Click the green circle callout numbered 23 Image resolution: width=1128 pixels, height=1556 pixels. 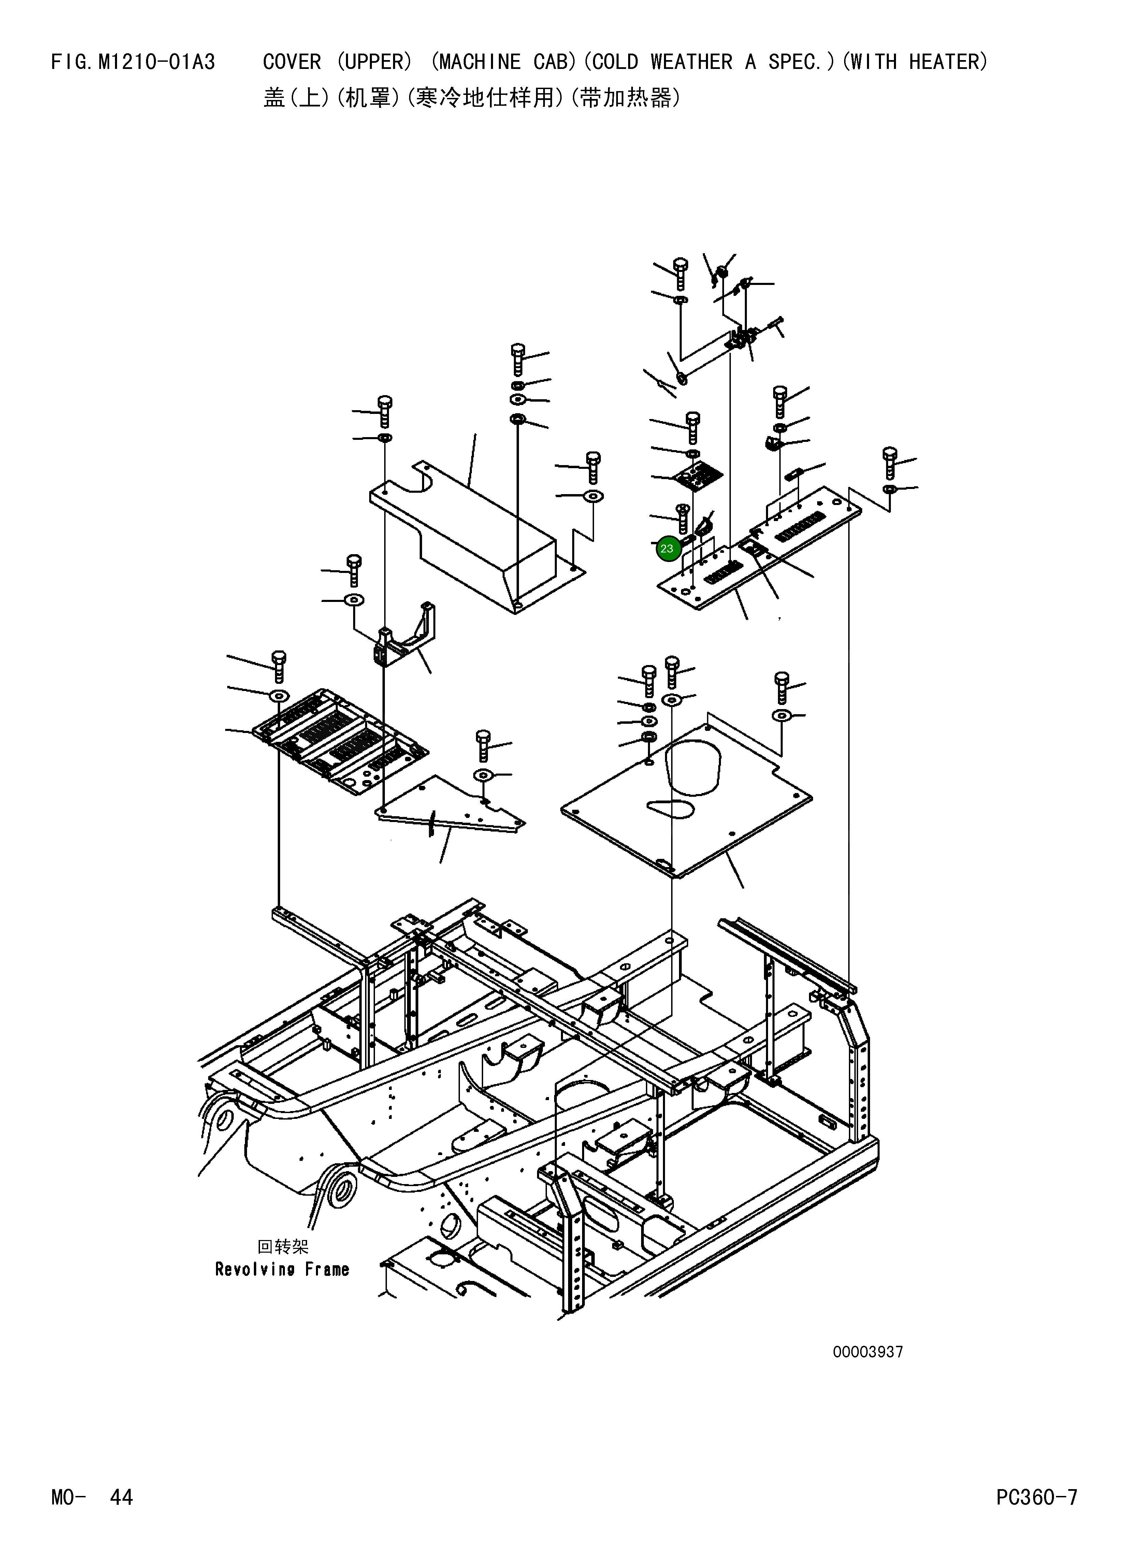(x=666, y=549)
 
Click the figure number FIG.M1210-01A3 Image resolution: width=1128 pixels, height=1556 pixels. (x=133, y=62)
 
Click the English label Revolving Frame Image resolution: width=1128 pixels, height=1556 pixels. (x=282, y=1269)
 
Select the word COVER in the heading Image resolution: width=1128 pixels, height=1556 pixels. (x=292, y=62)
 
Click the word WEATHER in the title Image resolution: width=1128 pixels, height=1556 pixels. (x=691, y=62)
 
